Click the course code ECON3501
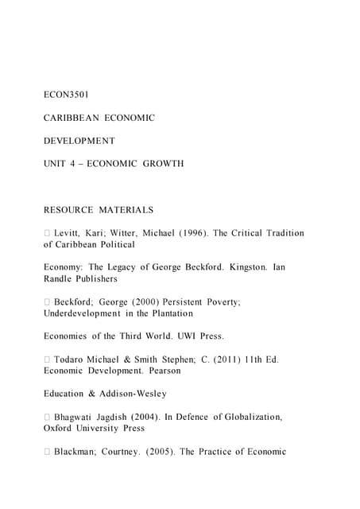coord(66,95)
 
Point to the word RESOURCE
coord(68,210)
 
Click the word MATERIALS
coord(126,210)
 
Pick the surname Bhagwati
coord(78,417)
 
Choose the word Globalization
coord(246,417)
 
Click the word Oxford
coord(60,428)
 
